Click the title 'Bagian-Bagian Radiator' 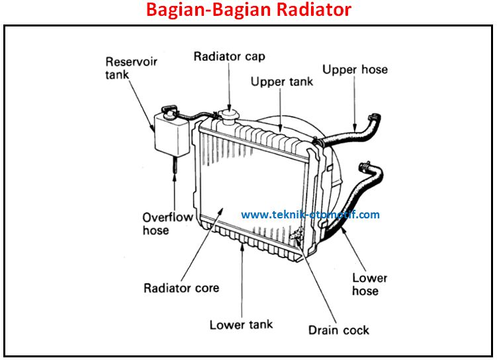248,11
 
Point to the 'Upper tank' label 281,82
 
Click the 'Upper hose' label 355,69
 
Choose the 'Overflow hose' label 167,224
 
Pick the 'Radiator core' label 181,289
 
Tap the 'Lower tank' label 241,324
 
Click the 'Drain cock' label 338,330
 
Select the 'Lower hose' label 369,285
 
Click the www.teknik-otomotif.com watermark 310,214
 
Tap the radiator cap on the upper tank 230,117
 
